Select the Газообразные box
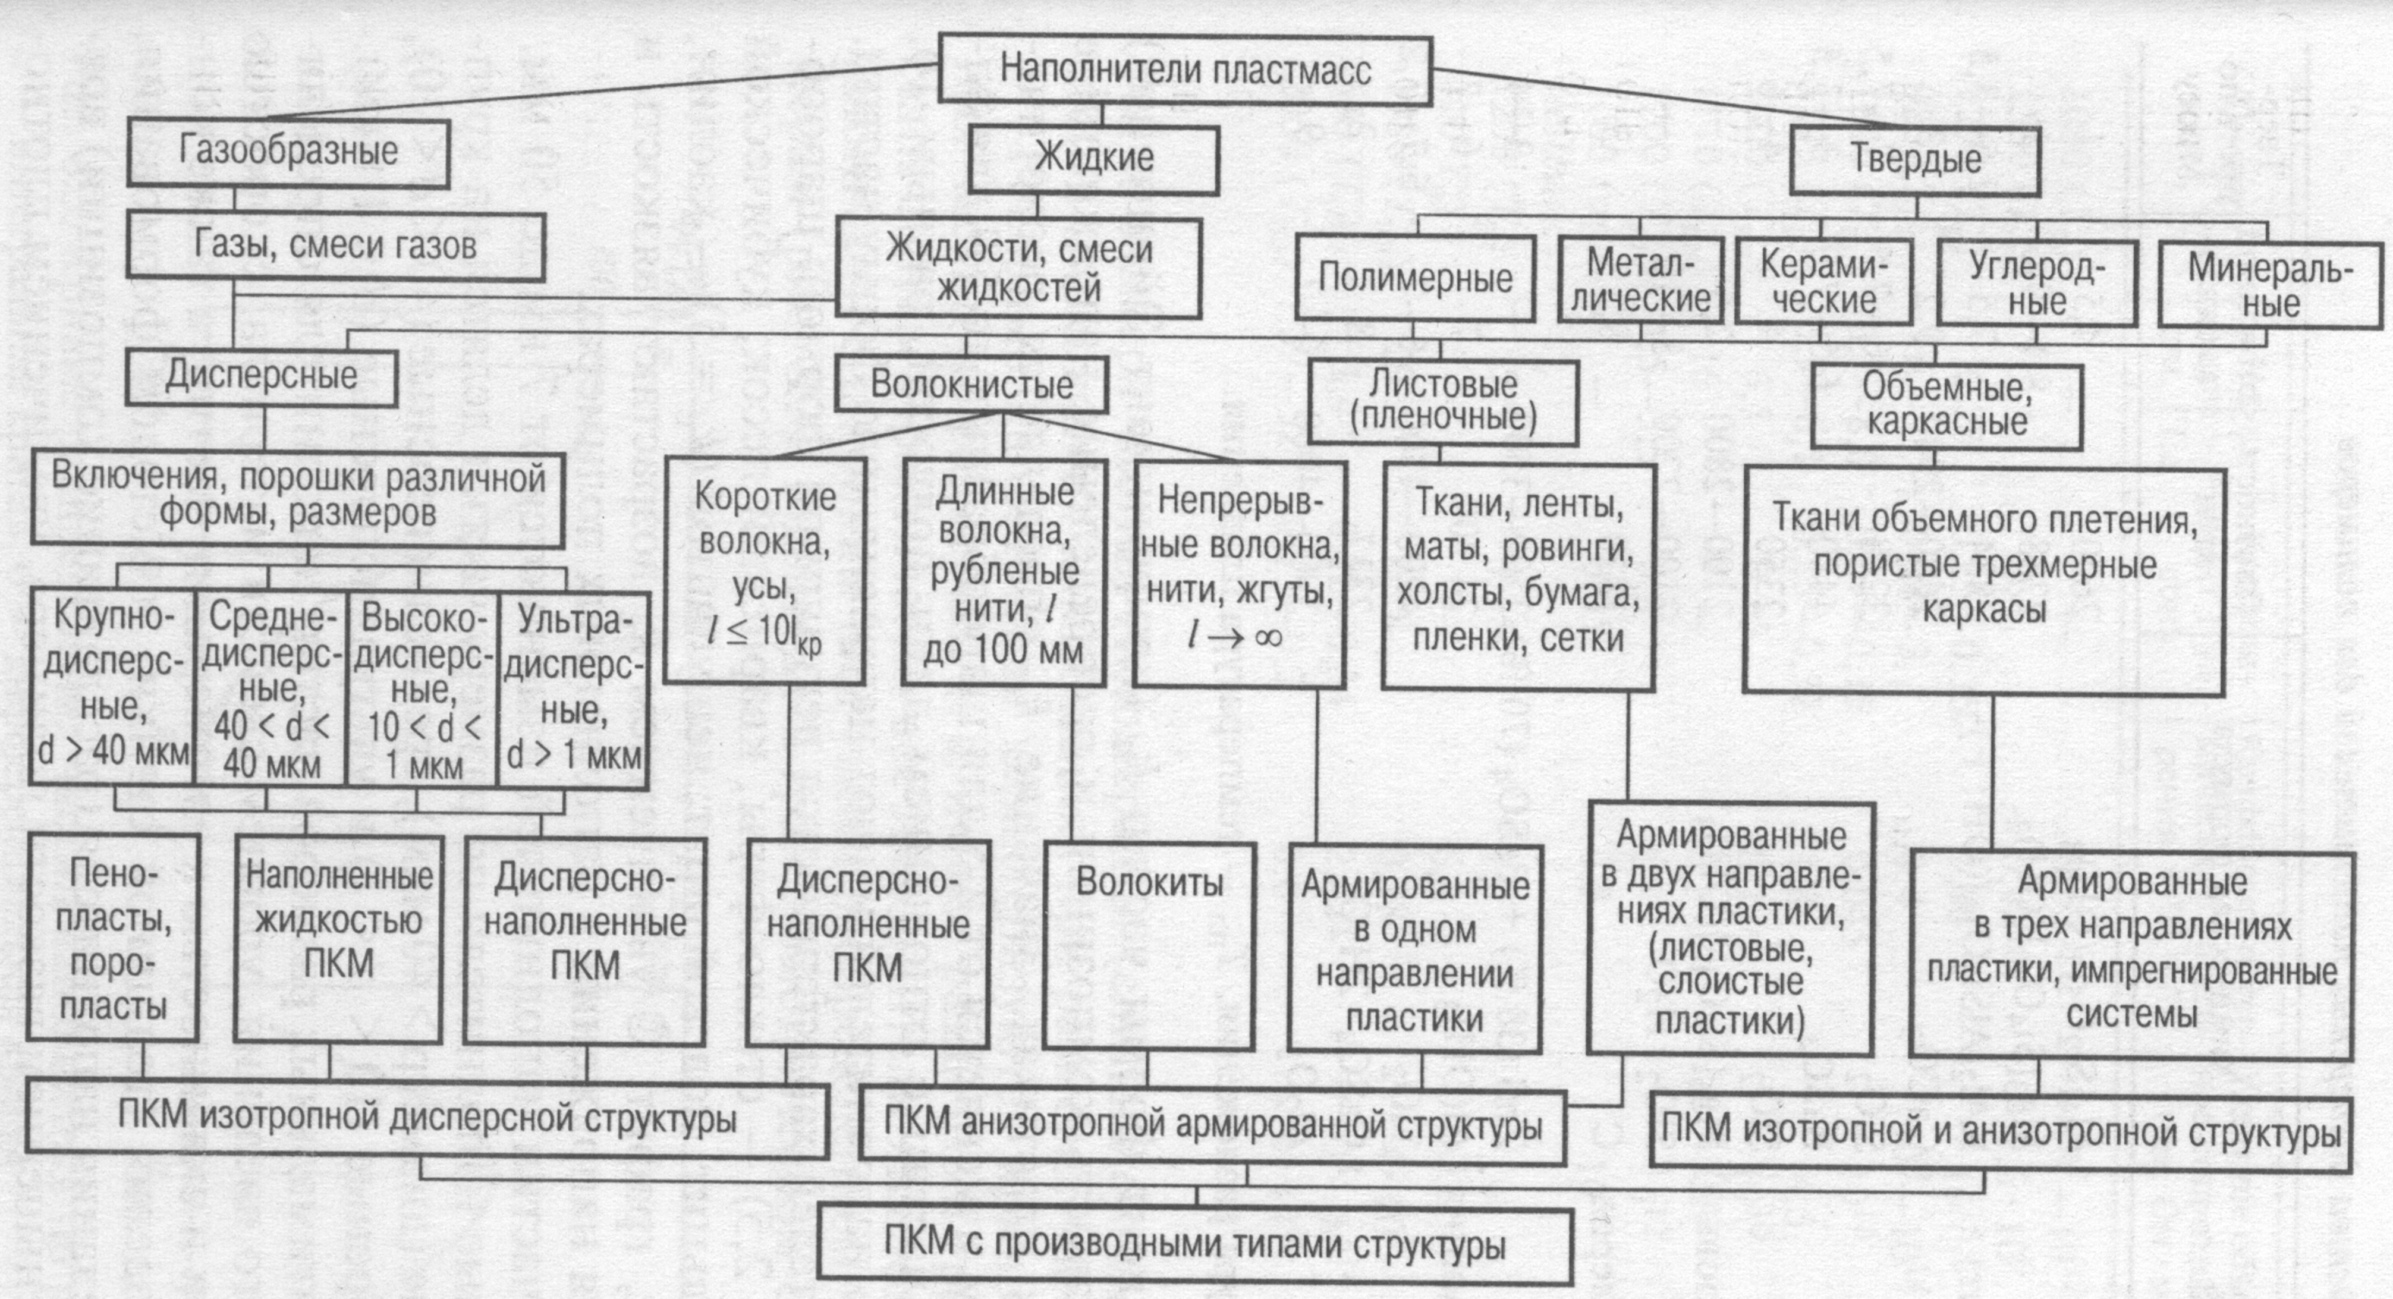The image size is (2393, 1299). point(288,152)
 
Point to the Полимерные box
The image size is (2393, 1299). point(1415,279)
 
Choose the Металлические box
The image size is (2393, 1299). point(1640,281)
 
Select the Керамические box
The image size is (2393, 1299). point(1823,282)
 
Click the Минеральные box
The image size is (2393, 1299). point(2269,285)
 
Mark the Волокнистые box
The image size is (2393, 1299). point(971,385)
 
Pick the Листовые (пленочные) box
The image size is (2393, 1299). point(1443,401)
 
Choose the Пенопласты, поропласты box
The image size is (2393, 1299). point(114,939)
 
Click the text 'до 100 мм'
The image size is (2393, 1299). point(1004,649)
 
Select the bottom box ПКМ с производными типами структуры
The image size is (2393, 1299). point(1194,1245)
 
